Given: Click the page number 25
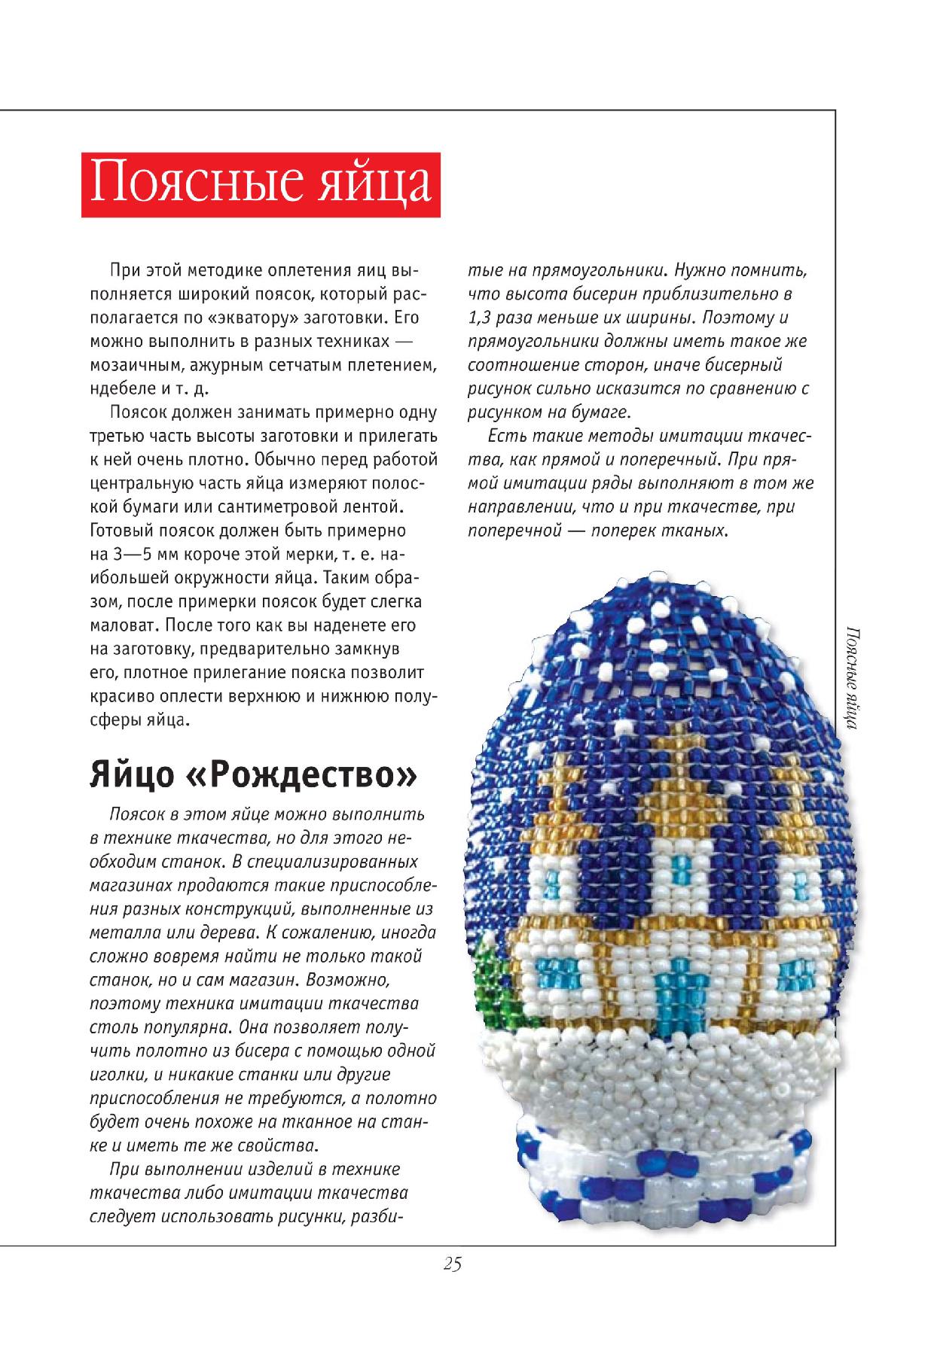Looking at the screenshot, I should click(452, 1264).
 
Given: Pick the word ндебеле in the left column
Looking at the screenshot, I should click(121, 388).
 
